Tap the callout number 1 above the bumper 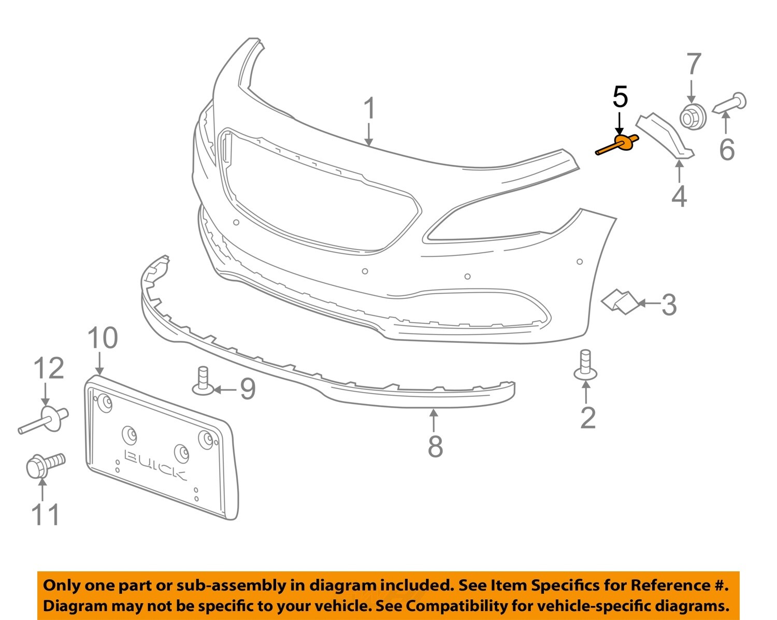click(369, 109)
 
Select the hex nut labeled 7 click(692, 117)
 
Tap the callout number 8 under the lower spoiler click(435, 446)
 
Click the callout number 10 click(102, 338)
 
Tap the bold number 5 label click(620, 97)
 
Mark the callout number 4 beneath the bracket click(679, 196)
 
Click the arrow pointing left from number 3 click(647, 304)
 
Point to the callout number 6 click(727, 150)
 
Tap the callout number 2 click(588, 418)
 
